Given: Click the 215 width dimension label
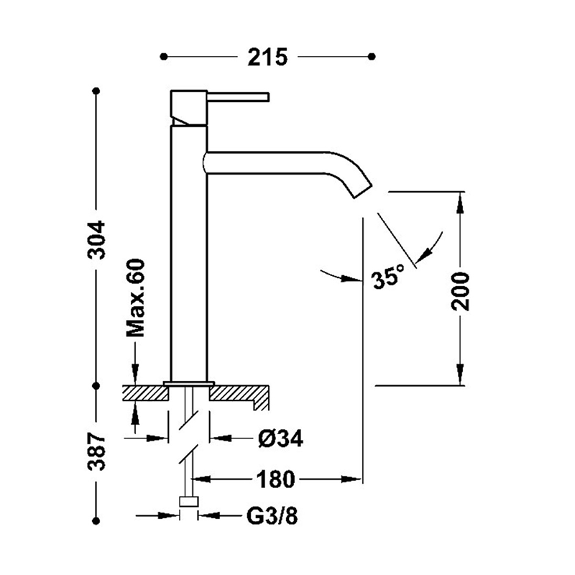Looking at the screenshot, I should pos(267,55).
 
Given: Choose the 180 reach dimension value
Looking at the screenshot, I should pos(273,478).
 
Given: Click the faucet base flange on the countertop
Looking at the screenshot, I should pos(189,382).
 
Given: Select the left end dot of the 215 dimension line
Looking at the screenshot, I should pos(164,55).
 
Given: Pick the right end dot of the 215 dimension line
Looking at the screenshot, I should pos(372,55).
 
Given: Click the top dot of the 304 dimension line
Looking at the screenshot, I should pos(97,91).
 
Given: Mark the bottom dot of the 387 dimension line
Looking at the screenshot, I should pos(97,520).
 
